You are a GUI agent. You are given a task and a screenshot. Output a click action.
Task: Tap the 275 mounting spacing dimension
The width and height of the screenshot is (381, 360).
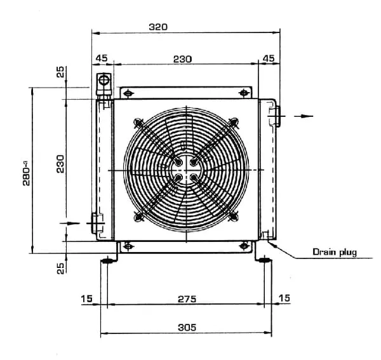coord(187,298)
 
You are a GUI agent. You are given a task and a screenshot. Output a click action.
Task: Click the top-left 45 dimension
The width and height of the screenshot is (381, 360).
coord(102,58)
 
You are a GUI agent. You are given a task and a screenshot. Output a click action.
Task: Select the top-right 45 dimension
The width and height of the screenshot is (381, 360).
coord(269,58)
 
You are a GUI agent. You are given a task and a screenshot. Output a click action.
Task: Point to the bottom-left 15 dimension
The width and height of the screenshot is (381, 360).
coord(87,298)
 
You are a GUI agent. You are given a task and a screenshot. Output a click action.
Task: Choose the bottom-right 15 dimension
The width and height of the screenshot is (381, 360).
coord(284,298)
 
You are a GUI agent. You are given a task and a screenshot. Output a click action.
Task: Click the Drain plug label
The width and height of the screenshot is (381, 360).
coord(335,252)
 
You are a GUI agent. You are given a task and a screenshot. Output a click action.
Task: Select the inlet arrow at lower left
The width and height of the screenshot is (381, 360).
coord(72,223)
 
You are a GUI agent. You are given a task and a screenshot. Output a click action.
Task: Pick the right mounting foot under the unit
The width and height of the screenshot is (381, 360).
coord(264,259)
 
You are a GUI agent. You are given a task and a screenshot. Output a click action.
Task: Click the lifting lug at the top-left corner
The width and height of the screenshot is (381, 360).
coord(102,83)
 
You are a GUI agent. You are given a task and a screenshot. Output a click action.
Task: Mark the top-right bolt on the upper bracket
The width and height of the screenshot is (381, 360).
coord(243,93)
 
